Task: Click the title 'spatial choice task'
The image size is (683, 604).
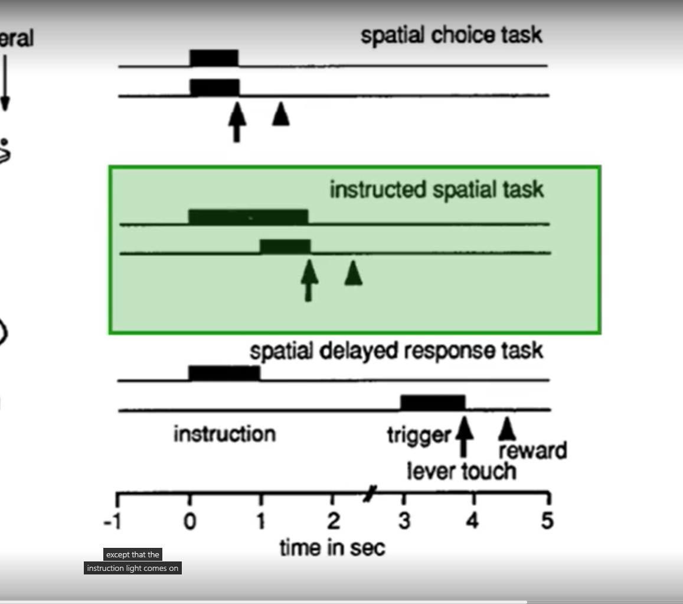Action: coord(451,35)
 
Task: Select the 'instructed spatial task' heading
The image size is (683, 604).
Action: coord(436,190)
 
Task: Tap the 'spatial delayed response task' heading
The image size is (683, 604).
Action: coord(396,351)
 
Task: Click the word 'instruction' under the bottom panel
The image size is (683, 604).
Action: coord(224,434)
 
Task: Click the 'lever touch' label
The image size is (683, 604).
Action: coord(461,472)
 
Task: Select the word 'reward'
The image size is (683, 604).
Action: coord(532,451)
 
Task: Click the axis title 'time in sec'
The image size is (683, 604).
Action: coord(332,548)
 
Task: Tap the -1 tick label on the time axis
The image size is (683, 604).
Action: coord(112,522)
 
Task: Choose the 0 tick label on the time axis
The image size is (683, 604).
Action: coord(189,522)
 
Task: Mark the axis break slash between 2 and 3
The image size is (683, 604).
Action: coord(370,493)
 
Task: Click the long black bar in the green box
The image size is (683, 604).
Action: coord(248,217)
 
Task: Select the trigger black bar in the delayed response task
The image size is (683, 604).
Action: coord(433,402)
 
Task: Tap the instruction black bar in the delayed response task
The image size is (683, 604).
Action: coord(224,373)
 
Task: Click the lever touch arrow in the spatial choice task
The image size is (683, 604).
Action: coord(237,121)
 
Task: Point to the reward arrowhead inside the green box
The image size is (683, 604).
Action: coord(353,273)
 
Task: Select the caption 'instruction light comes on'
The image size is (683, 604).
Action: coord(132,569)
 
